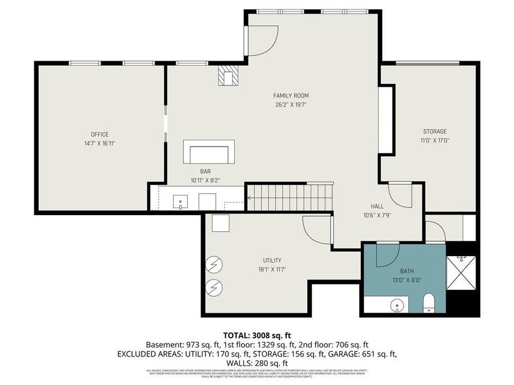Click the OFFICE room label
(99, 135)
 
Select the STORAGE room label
(435, 131)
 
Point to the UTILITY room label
(272, 261)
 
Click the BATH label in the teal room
(406, 271)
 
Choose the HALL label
(376, 206)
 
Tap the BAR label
(206, 171)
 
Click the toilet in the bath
(429, 303)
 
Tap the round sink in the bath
(397, 306)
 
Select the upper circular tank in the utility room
(215, 265)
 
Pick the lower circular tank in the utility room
(215, 288)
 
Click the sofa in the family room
(209, 152)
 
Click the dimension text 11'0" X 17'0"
(435, 140)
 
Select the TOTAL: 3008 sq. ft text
(257, 335)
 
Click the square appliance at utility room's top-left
(220, 223)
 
